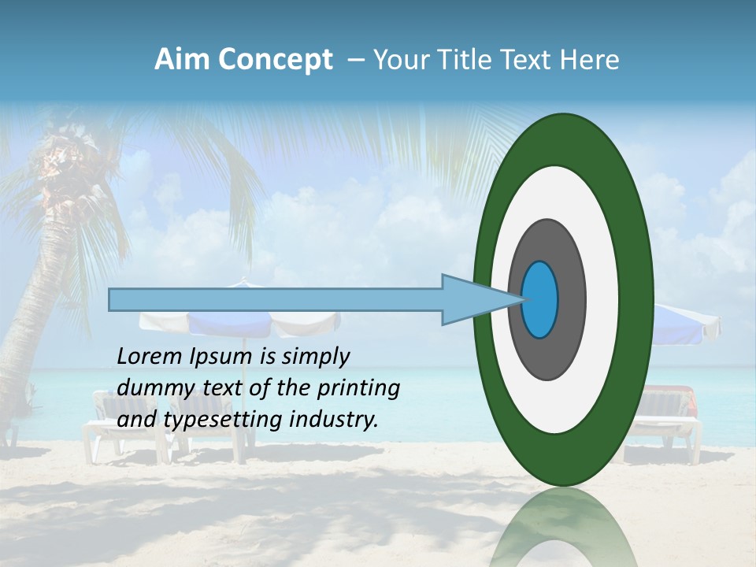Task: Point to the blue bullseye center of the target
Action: click(x=540, y=300)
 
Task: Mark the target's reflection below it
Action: click(x=562, y=528)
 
